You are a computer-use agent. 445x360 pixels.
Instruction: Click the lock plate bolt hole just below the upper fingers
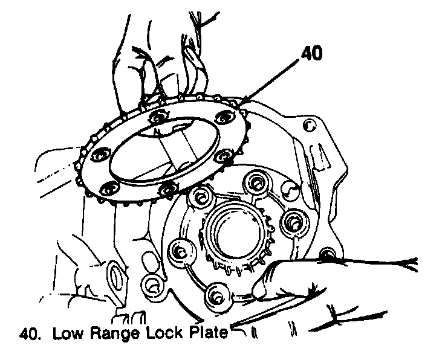point(159,115)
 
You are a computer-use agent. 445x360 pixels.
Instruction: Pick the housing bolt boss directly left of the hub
point(180,249)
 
